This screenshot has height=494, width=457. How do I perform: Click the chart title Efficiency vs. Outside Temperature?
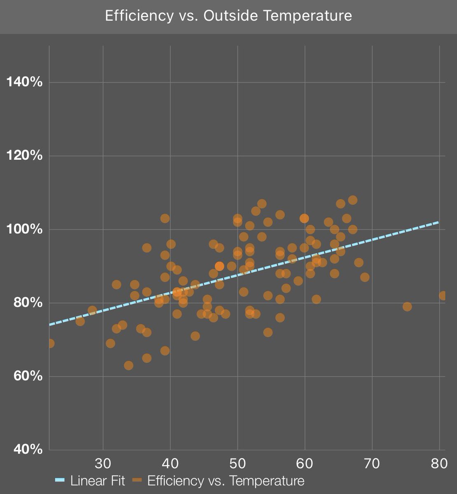click(228, 16)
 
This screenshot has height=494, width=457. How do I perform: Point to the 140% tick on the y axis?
click(25, 82)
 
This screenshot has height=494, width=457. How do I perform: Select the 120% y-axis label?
click(25, 156)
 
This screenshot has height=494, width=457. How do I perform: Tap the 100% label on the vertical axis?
click(25, 229)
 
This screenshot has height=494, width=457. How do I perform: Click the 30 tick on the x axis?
click(103, 464)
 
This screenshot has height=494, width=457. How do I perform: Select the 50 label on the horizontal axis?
click(238, 464)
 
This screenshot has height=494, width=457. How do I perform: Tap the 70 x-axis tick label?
click(372, 464)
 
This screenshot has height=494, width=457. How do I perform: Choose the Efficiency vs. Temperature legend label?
click(226, 480)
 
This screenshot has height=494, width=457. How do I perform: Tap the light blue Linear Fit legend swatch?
click(60, 480)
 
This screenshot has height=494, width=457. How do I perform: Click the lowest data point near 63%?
click(128, 366)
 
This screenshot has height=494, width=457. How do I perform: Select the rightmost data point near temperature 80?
click(443, 296)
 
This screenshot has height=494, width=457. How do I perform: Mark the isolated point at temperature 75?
click(407, 307)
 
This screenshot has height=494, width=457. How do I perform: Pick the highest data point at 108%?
click(353, 200)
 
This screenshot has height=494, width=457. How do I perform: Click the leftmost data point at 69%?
click(50, 343)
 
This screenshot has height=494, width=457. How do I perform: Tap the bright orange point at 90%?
click(219, 266)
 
